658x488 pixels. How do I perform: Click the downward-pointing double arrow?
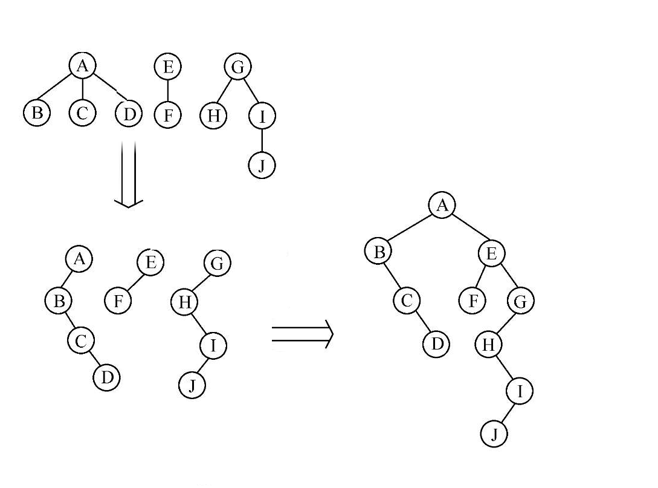pos(129,174)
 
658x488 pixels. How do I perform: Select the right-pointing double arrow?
pos(303,333)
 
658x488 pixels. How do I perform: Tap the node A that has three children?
pos(83,65)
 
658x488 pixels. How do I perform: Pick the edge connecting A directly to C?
pos(82,89)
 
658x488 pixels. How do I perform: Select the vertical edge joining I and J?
pos(262,141)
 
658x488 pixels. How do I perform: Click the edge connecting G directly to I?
pos(251,91)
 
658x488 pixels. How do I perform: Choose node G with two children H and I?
pos(237,67)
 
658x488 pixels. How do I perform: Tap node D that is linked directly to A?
pos(129,114)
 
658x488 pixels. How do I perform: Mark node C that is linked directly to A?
pos(82,113)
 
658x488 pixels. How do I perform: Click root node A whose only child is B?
pos(79,259)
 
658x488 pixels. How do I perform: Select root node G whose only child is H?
pos(217,263)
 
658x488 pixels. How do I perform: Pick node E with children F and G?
pos(491,253)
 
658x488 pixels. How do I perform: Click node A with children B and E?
pos(442,206)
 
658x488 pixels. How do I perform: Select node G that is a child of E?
pos(520,301)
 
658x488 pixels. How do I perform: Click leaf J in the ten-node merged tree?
pos(494,434)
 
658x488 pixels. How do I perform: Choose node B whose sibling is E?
pos(378,252)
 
